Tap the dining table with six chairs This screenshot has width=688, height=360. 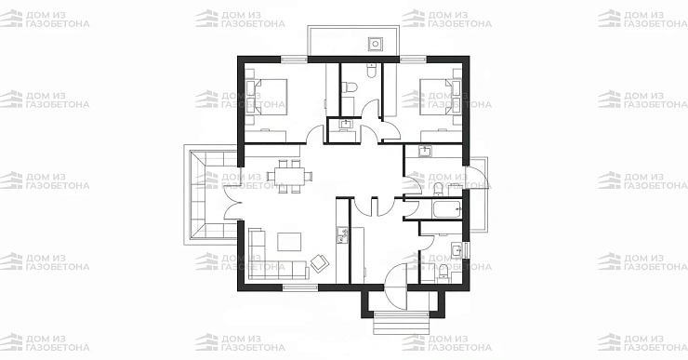[x=290, y=177]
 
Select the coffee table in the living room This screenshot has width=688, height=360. [x=289, y=242]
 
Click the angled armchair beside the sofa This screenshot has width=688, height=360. [x=319, y=262]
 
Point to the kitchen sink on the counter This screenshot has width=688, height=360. [x=342, y=235]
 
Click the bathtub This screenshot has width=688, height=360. [x=447, y=210]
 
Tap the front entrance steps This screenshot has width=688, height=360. [x=401, y=324]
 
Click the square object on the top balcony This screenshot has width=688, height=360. [x=376, y=44]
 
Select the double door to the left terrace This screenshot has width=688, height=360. [x=234, y=201]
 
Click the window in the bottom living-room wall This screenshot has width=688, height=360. [x=300, y=287]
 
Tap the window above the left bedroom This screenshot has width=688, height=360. [x=295, y=59]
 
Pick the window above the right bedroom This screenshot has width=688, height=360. [x=413, y=59]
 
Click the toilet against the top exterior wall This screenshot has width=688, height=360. [x=372, y=71]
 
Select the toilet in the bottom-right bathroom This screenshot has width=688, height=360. [x=443, y=273]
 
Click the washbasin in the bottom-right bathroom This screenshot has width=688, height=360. [x=456, y=250]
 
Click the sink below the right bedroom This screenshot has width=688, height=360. [x=424, y=152]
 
